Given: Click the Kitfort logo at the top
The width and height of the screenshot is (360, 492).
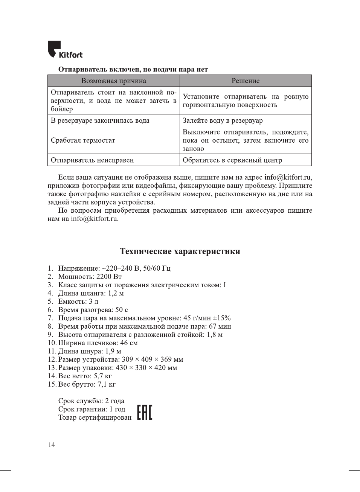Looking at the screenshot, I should tap(65, 50).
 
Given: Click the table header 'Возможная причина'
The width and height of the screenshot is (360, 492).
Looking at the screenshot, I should tap(113, 81).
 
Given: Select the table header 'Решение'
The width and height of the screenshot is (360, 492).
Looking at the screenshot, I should tap(246, 81).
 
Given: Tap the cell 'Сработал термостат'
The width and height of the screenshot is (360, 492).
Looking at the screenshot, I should tap(83, 140).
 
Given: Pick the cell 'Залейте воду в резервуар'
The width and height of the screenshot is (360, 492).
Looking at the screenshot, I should tap(223, 120).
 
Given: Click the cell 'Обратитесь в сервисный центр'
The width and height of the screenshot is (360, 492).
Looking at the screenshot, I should tap(232, 160).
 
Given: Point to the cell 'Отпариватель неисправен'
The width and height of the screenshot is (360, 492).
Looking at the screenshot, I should tap(92, 160).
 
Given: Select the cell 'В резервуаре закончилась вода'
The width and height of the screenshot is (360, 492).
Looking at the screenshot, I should tap(100, 120).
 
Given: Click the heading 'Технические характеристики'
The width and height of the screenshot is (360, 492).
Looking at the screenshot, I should tap(180, 251).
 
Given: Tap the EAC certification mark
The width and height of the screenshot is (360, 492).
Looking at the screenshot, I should tap(145, 412).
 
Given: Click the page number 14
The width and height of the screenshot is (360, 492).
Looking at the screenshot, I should tap(51, 445).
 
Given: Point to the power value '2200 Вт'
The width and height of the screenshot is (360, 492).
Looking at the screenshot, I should tap(109, 277).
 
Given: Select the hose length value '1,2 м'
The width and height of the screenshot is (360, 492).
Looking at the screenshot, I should tap(116, 293).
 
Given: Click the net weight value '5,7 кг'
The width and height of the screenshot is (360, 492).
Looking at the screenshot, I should tap(103, 376).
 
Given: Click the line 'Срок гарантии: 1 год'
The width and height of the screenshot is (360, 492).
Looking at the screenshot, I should tap(92, 409).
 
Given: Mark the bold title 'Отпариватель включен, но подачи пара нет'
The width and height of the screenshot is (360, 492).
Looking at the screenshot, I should tap(133, 70).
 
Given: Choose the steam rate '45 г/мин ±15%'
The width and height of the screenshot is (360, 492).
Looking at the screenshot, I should tap(207, 318).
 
